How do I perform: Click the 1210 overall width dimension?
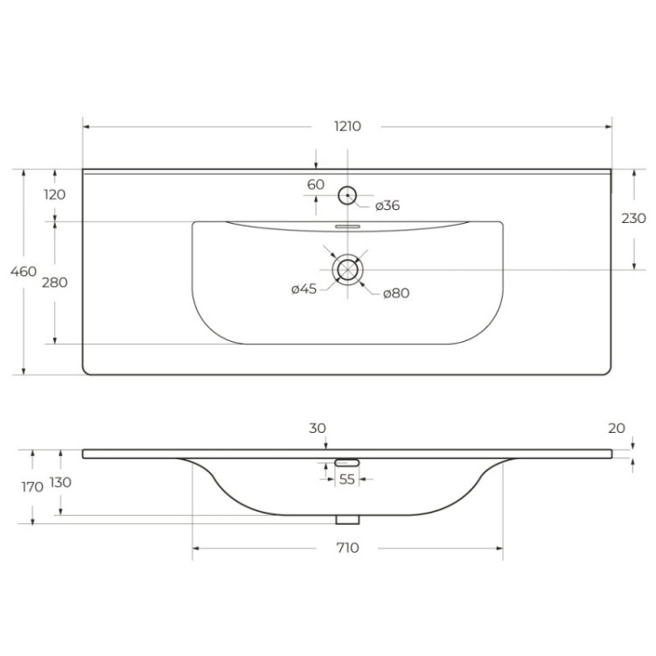pyautogui.click(x=347, y=126)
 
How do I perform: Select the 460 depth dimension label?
pyautogui.click(x=24, y=271)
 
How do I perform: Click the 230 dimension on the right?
pyautogui.click(x=633, y=218)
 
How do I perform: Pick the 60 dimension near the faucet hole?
pyautogui.click(x=316, y=185)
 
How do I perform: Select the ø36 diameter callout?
pyautogui.click(x=387, y=206)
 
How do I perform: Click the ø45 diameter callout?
pyautogui.click(x=304, y=290)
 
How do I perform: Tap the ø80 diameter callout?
pyautogui.click(x=396, y=293)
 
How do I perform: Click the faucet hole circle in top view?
pyautogui.click(x=348, y=195)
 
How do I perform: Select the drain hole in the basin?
pyautogui.click(x=348, y=269)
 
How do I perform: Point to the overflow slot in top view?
pyautogui.click(x=348, y=225)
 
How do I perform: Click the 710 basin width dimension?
pyautogui.click(x=347, y=548)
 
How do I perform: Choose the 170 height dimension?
pyautogui.click(x=31, y=487)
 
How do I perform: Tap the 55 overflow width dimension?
pyautogui.click(x=347, y=479)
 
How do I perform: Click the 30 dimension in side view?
pyautogui.click(x=318, y=428)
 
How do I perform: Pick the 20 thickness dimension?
pyautogui.click(x=617, y=428)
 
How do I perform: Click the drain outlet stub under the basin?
pyautogui.click(x=348, y=520)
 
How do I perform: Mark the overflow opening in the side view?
pyautogui.click(x=348, y=461)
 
